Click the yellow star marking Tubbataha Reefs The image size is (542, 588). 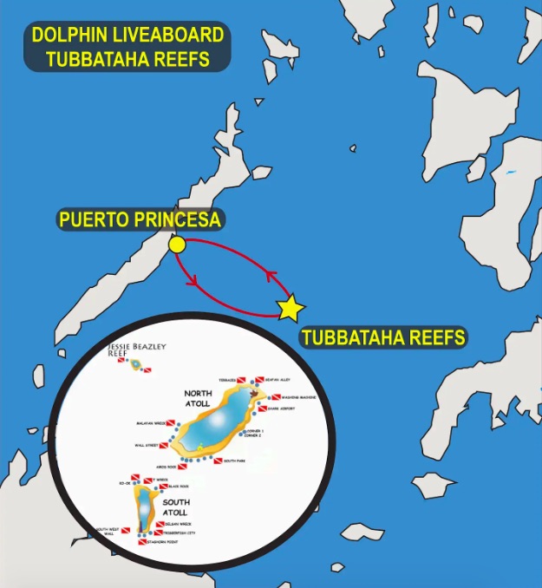pyautogui.click(x=291, y=307)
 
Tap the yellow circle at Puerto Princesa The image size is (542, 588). pyautogui.click(x=177, y=245)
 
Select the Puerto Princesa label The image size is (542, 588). pyautogui.click(x=140, y=219)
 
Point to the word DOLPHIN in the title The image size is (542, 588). pyautogui.click(x=71, y=36)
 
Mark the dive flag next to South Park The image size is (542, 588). pyautogui.click(x=218, y=461)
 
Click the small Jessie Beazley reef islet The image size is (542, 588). pyautogui.click(x=135, y=364)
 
